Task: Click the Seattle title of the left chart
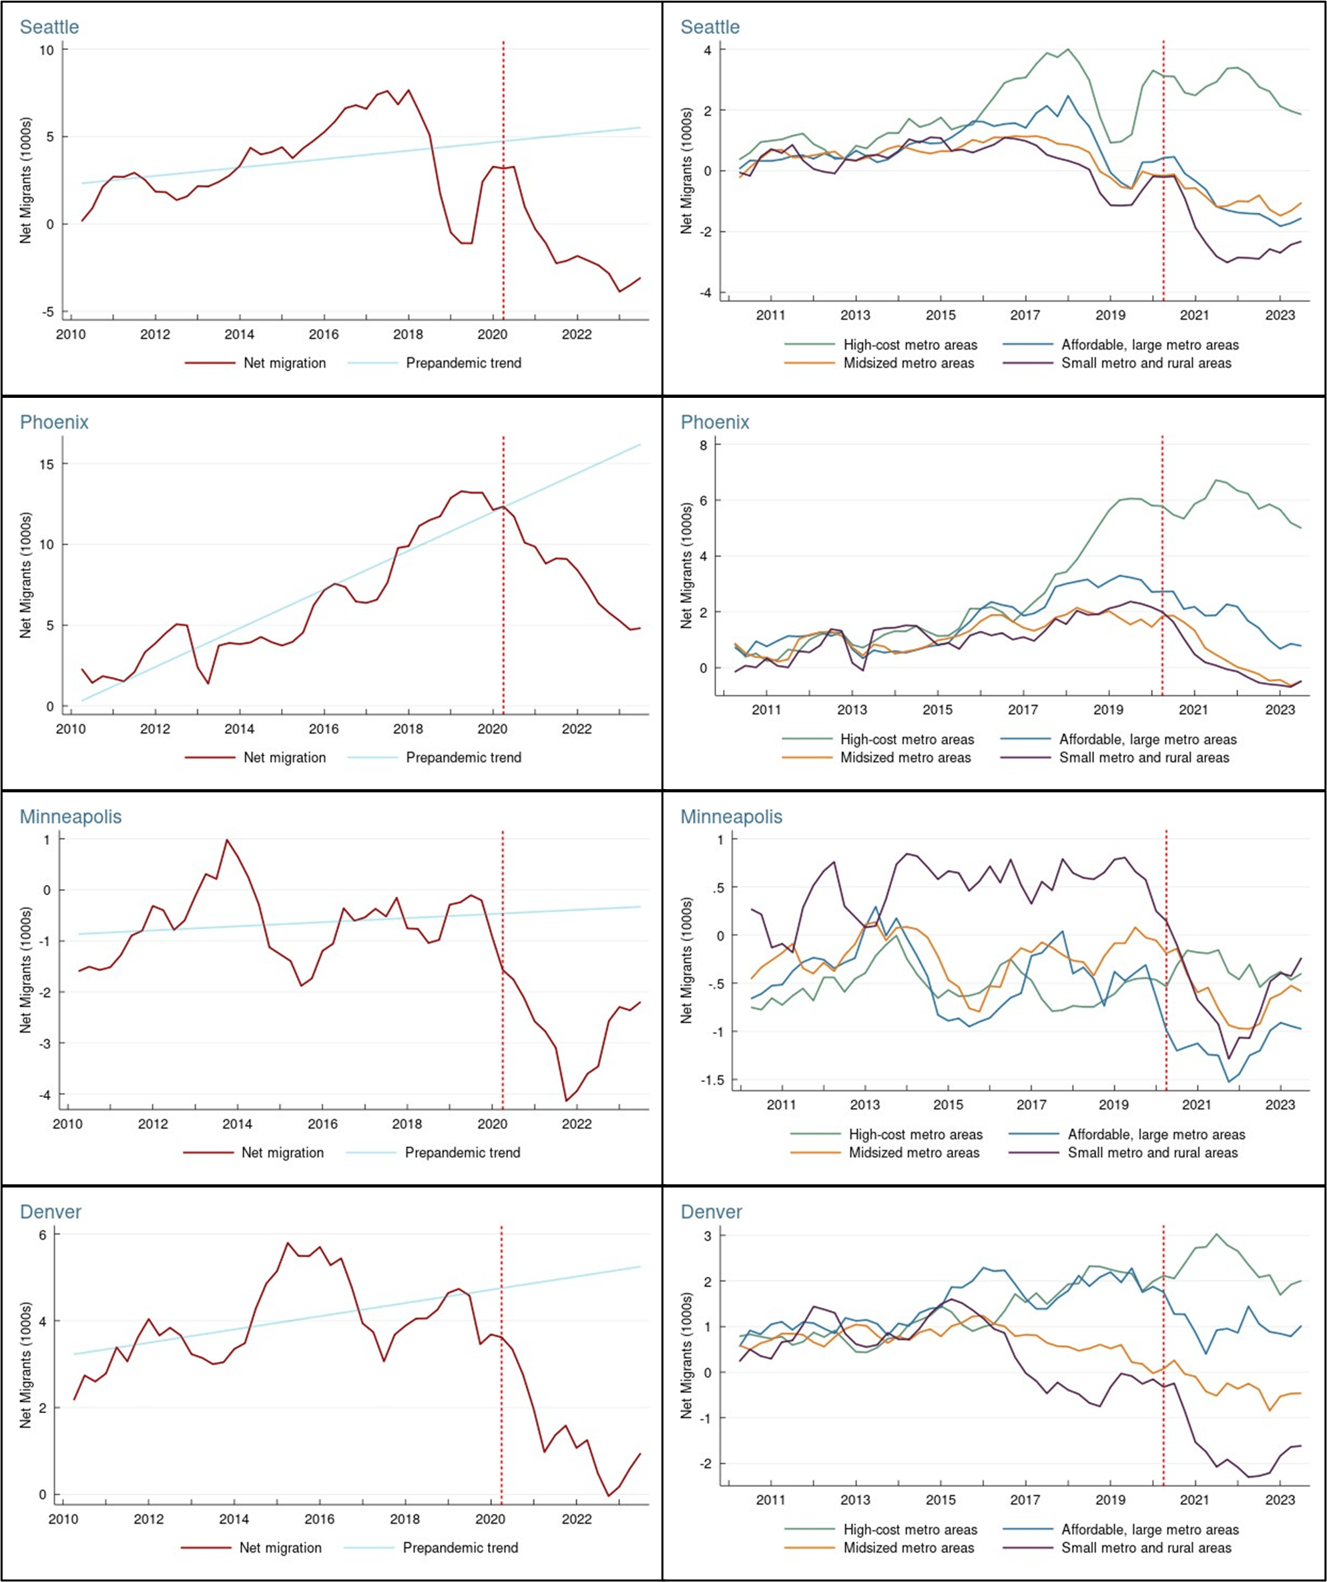49,27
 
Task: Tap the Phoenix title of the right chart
714,422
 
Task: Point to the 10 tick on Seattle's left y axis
47,49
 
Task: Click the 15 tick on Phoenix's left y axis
47,464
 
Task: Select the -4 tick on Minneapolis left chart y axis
45,1095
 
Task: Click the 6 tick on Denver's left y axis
43,1235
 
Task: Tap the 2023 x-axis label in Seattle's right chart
1280,315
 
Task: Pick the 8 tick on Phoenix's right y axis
704,445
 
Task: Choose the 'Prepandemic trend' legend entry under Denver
460,1547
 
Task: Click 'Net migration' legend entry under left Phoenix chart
284,757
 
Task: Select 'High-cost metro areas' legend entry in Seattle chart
910,345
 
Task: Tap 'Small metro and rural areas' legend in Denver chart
1146,1547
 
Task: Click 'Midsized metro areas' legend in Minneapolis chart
914,1153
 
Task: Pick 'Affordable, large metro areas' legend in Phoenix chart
1147,739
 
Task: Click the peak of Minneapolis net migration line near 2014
227,840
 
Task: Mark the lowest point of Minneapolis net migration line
566,1101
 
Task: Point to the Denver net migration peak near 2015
287,1242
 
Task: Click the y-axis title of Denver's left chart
25,1364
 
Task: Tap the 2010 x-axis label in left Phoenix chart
71,728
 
